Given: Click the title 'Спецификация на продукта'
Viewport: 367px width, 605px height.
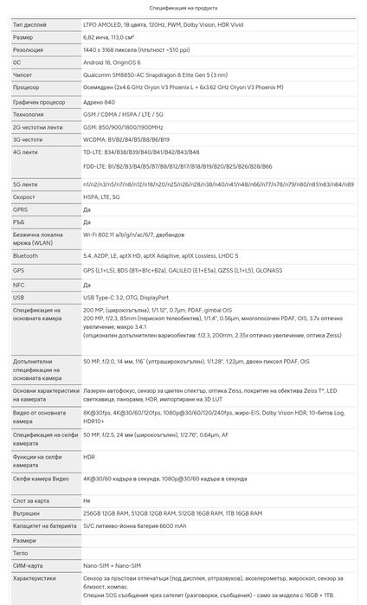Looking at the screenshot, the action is [183, 6].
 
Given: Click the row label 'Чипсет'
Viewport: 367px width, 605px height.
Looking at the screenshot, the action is [24, 75].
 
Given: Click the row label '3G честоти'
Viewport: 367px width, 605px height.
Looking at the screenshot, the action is [29, 138].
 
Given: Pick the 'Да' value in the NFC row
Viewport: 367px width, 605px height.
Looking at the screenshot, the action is [87, 284].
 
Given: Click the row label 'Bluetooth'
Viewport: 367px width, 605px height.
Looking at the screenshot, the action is [27, 257].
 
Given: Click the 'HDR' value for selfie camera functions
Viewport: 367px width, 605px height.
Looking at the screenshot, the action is [88, 456].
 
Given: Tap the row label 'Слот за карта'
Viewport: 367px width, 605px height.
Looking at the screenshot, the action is [29, 500].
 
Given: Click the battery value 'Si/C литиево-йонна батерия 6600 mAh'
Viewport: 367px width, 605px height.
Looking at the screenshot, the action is [135, 525].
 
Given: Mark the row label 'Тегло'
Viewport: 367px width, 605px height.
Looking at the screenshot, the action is [23, 552].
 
